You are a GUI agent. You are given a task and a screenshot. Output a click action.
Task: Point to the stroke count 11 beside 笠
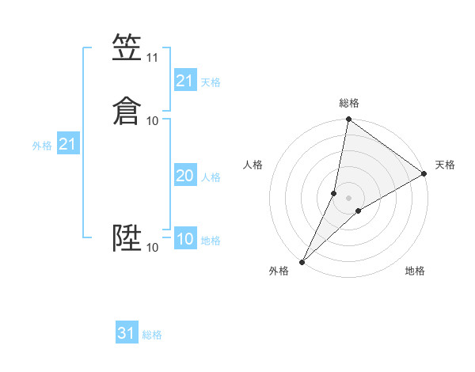pyautogui.click(x=153, y=58)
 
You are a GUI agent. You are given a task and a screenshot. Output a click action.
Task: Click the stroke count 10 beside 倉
pyautogui.click(x=153, y=120)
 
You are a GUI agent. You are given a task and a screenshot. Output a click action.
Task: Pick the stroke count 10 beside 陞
pyautogui.click(x=153, y=248)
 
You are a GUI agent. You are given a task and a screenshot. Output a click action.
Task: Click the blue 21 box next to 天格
pyautogui.click(x=184, y=81)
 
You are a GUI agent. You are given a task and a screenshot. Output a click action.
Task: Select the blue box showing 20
pyautogui.click(x=184, y=177)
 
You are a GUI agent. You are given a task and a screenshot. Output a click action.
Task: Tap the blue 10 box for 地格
pyautogui.click(x=184, y=239)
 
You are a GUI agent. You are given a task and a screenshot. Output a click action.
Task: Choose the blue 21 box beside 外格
pyautogui.click(x=67, y=144)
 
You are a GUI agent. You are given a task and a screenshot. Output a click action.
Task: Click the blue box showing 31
pyautogui.click(x=127, y=333)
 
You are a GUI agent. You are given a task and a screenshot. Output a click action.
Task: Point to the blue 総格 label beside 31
pyautogui.click(x=152, y=335)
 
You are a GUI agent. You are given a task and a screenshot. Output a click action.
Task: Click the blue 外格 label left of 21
pyautogui.click(x=42, y=146)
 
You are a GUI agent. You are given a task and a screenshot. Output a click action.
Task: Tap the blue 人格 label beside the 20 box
pyautogui.click(x=211, y=177)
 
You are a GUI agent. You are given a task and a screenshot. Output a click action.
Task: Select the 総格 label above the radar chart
pyautogui.click(x=349, y=103)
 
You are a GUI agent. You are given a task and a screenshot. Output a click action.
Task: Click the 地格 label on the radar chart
pyautogui.click(x=415, y=271)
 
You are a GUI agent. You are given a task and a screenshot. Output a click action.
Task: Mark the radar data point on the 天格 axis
pyautogui.click(x=424, y=174)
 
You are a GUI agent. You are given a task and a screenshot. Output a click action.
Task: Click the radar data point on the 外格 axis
pyautogui.click(x=302, y=261)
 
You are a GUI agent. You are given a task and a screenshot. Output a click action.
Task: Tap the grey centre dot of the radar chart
pyautogui.click(x=349, y=197)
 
